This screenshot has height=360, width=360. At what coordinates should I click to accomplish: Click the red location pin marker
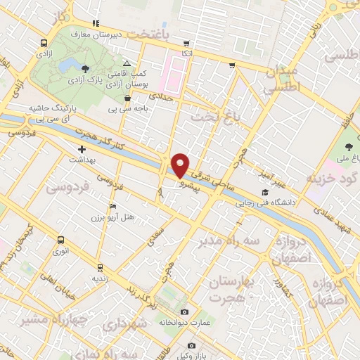[x=180, y=165]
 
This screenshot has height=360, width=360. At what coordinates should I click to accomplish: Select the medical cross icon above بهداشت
[x=82, y=149]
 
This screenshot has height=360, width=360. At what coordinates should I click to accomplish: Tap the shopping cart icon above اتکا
[x=186, y=43]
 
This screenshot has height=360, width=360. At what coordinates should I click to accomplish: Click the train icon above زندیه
[x=100, y=267]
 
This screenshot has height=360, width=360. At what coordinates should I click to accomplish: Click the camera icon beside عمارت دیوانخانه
[x=184, y=311]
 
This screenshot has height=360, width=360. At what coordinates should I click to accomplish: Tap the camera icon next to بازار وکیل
[x=191, y=346]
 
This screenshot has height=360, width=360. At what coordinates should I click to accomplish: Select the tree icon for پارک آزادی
[x=85, y=69]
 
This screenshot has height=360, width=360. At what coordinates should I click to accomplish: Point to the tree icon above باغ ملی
[x=349, y=148]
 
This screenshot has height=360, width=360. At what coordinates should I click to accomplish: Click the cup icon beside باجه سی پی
[x=126, y=99]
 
